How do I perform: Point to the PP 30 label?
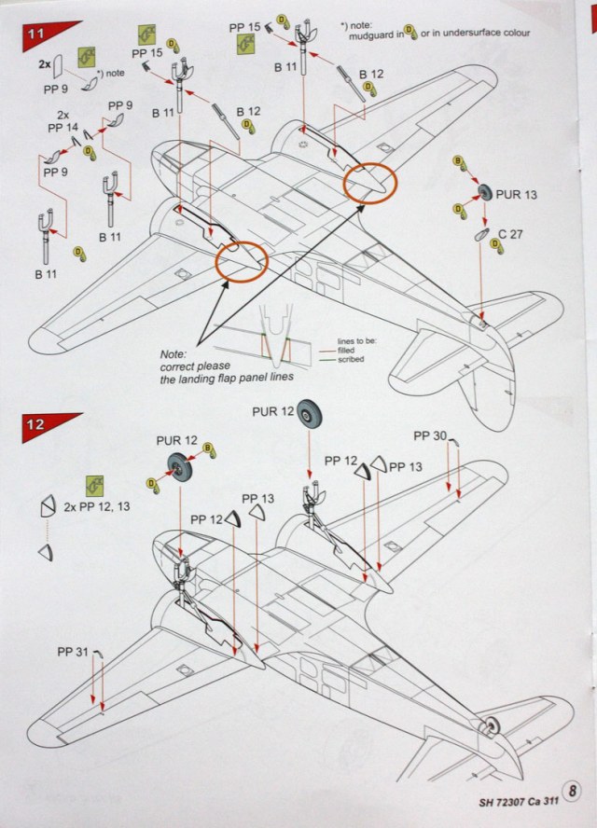(431, 435)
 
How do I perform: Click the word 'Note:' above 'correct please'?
(174, 354)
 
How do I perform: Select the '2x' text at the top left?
(44, 67)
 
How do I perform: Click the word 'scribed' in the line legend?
(351, 358)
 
